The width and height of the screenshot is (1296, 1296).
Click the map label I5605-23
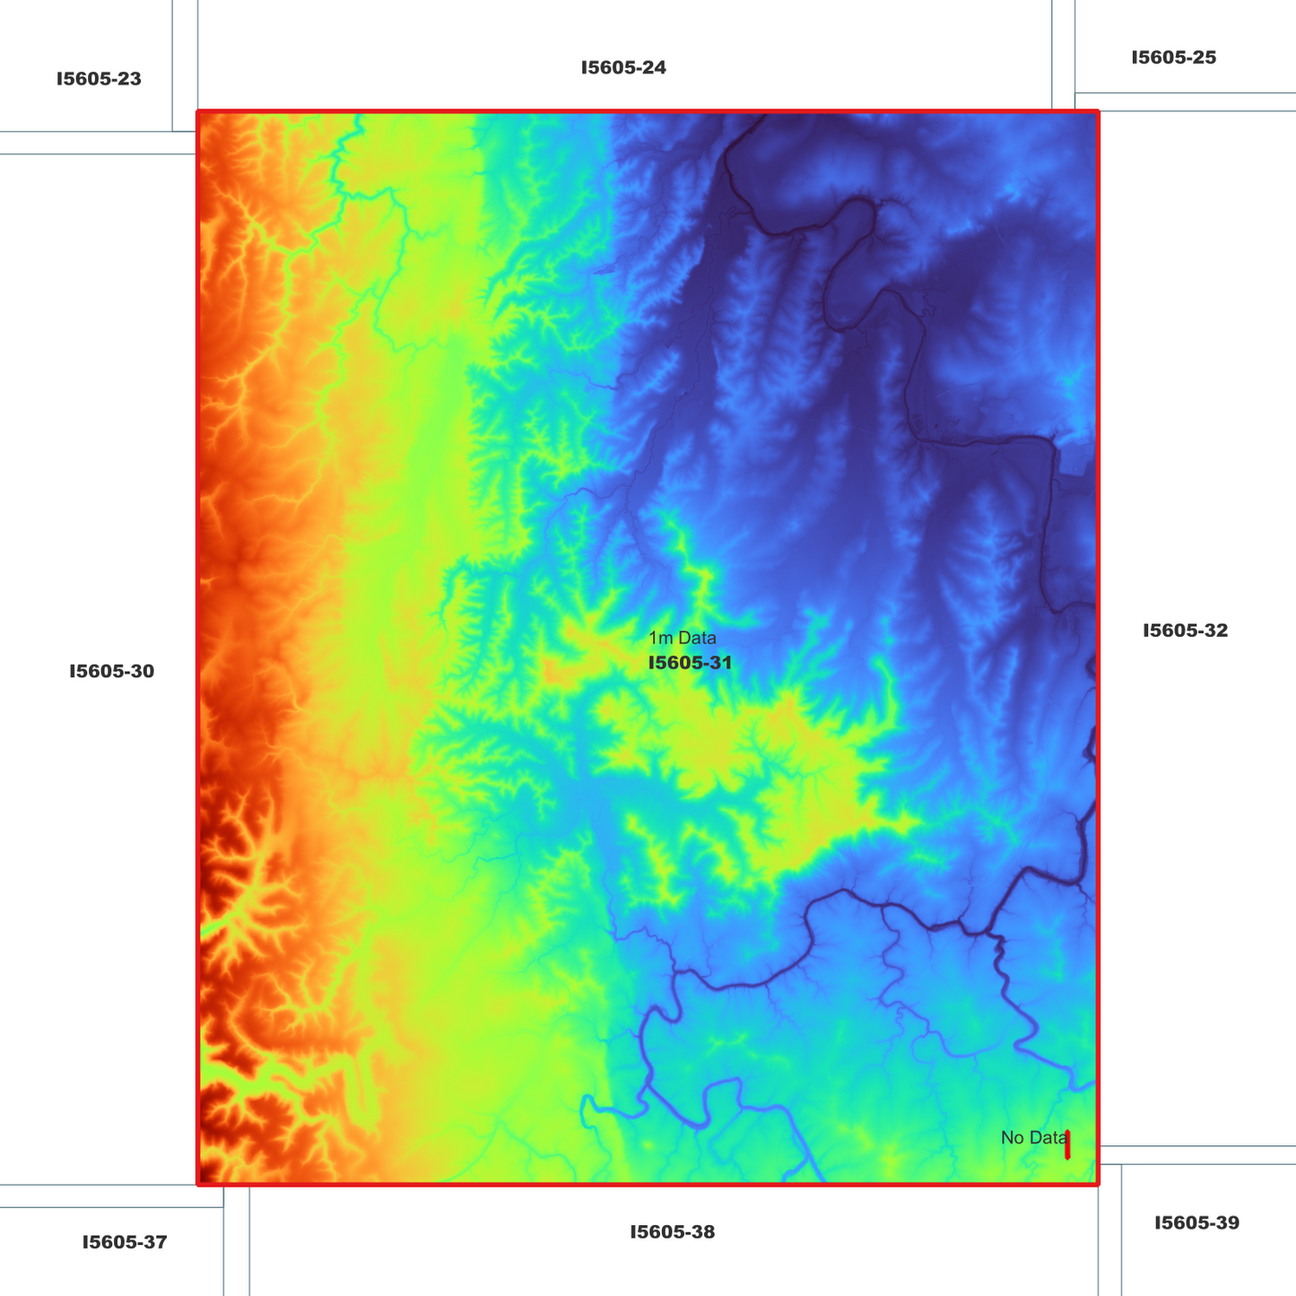click(99, 79)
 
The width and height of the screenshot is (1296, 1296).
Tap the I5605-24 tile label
click(623, 67)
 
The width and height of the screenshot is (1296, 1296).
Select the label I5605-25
click(1173, 57)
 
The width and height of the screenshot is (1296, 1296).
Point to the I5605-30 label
click(111, 671)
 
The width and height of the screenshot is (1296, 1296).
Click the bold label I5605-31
click(690, 663)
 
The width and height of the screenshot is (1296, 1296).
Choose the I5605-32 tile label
click(1185, 631)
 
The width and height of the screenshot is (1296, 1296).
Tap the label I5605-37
click(125, 1242)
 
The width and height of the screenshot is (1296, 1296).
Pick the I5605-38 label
click(672, 1231)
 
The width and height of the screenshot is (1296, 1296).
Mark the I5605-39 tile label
click(1196, 1222)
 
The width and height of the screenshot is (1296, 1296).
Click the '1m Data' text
click(683, 639)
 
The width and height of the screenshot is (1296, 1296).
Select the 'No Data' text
click(1033, 1137)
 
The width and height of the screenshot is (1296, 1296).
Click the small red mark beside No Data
click(1067, 1144)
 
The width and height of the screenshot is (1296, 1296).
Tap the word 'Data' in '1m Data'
click(697, 639)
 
